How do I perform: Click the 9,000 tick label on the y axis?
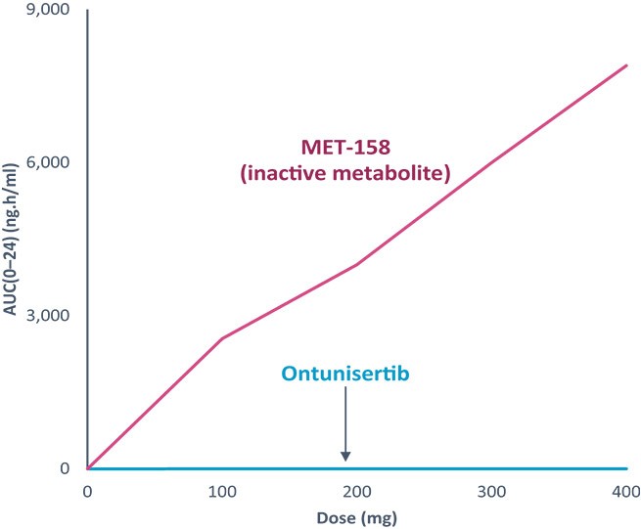click(x=48, y=10)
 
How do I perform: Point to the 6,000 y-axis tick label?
click(x=48, y=162)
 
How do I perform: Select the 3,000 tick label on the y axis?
click(x=48, y=316)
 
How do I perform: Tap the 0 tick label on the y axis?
click(x=65, y=468)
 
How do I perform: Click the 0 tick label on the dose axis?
click(x=87, y=492)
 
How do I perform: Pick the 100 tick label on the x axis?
click(x=222, y=492)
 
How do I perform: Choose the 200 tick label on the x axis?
click(x=357, y=492)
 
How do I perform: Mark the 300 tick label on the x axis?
click(x=492, y=492)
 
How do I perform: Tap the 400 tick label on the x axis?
click(x=626, y=492)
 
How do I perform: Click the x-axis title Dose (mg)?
click(x=357, y=518)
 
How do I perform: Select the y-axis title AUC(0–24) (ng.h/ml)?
click(x=10, y=240)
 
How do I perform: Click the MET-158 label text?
click(x=345, y=147)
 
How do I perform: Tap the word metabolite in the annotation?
click(x=391, y=174)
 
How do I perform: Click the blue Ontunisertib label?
click(x=345, y=374)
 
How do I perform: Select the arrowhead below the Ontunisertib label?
click(x=345, y=457)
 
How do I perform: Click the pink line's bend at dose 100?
click(x=222, y=338)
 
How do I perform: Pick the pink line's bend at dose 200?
click(x=357, y=264)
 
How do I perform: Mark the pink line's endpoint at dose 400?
click(x=626, y=66)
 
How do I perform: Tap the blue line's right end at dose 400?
click(x=626, y=468)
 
